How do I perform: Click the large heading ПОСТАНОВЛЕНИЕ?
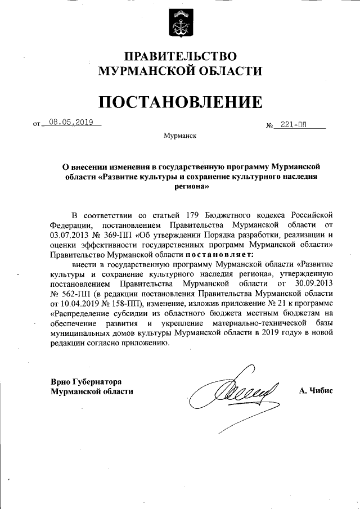point(180,102)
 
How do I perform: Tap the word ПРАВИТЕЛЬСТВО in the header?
point(180,56)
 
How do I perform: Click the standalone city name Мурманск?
point(179,136)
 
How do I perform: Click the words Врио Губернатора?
point(86,381)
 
